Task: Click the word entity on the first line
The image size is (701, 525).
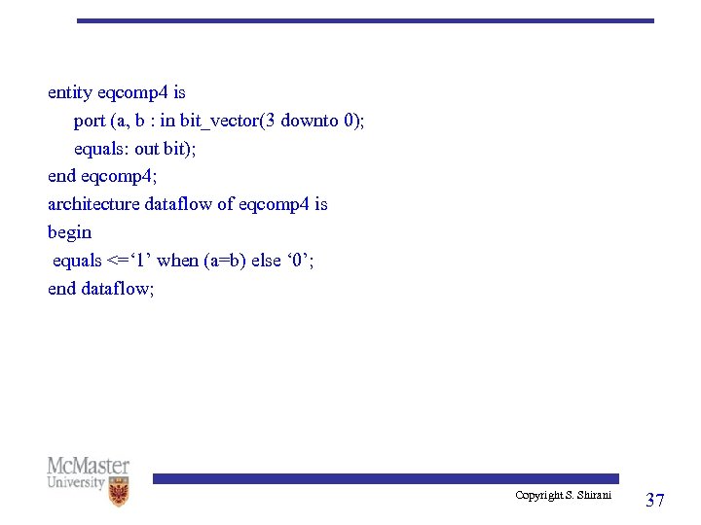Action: pyautogui.click(x=70, y=93)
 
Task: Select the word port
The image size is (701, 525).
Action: pyautogui.click(x=90, y=122)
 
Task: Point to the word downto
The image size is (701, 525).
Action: pyautogui.click(x=312, y=122)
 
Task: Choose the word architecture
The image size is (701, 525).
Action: pyautogui.click(x=93, y=204)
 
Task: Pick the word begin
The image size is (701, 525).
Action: pyautogui.click(x=70, y=232)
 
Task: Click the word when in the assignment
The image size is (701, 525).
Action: pyautogui.click(x=177, y=261)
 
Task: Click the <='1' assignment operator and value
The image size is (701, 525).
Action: pyautogui.click(x=129, y=261)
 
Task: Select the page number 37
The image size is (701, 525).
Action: pyautogui.click(x=655, y=500)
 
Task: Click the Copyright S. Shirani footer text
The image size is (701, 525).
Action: pyautogui.click(x=563, y=496)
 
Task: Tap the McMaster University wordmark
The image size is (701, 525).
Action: pyautogui.click(x=89, y=472)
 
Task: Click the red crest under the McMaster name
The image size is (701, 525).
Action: pyautogui.click(x=120, y=493)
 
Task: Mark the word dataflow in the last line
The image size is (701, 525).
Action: pyautogui.click(x=118, y=289)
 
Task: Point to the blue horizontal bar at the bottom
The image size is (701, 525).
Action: pyautogui.click(x=385, y=478)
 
